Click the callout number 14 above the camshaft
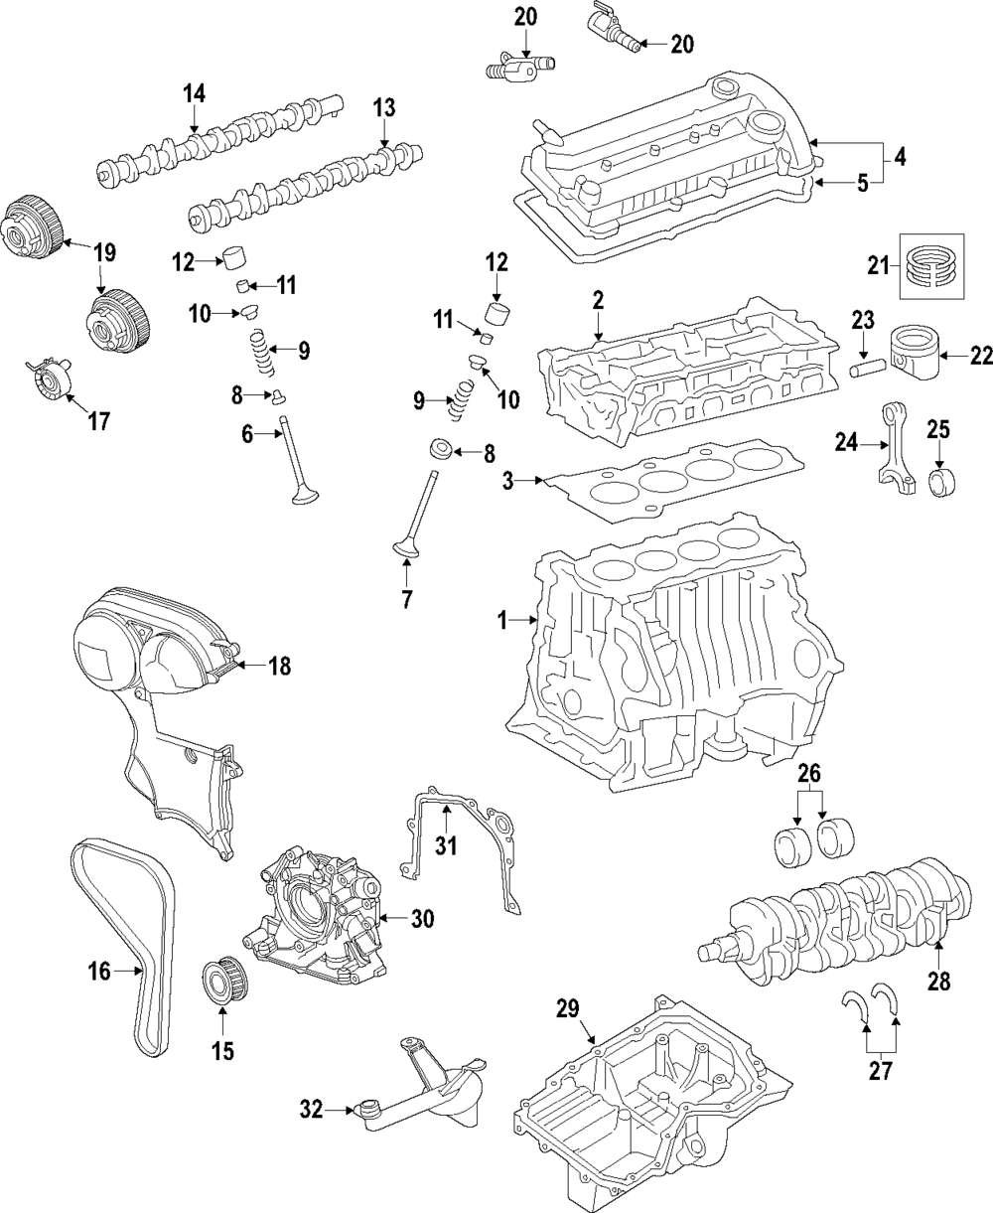coord(195,93)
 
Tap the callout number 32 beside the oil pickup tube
coord(312,1109)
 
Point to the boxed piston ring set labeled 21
coord(931,265)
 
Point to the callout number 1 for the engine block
coord(502,621)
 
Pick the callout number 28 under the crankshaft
coord(938,981)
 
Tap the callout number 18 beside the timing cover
coord(279,666)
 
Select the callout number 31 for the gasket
coord(446,845)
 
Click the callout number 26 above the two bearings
coord(809,774)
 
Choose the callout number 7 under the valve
coord(407,599)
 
